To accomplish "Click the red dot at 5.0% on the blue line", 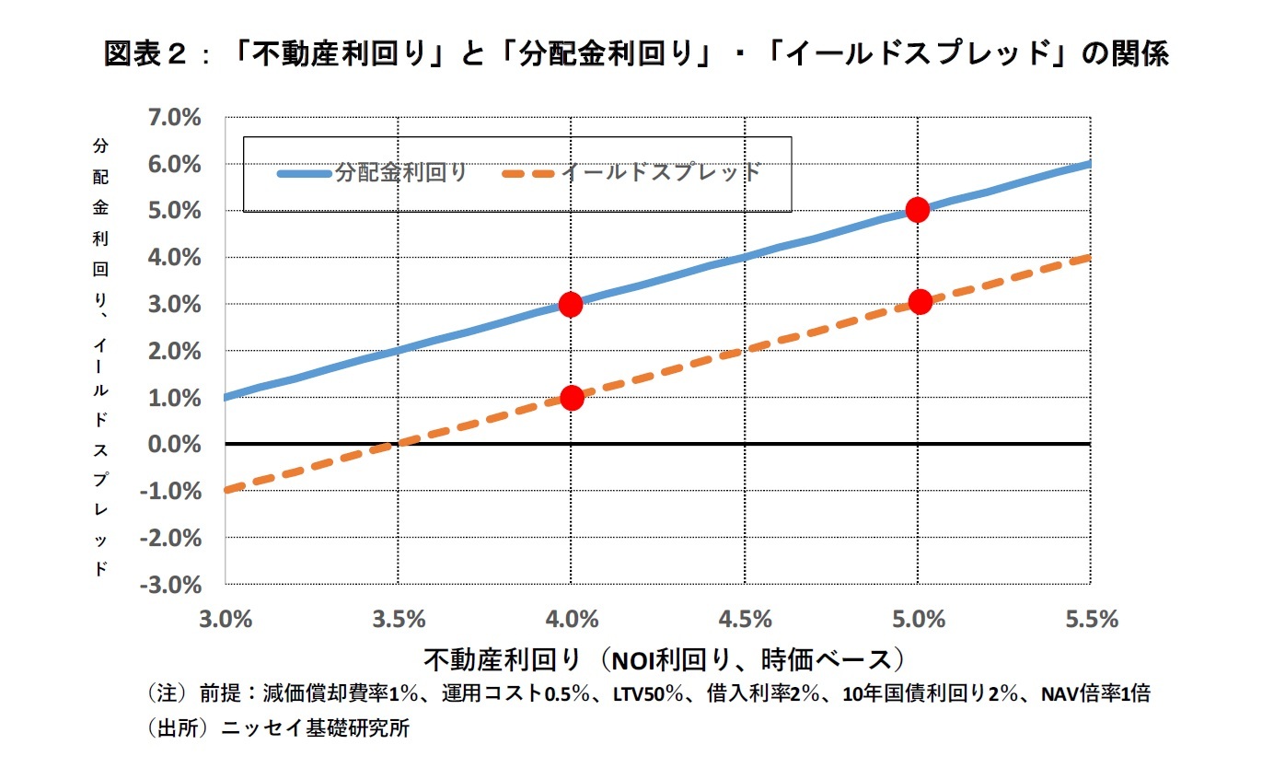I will click(917, 209).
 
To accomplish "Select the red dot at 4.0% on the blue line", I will click(571, 304).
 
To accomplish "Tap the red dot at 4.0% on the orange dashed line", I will click(572, 398).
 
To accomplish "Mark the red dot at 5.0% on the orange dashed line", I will click(920, 302).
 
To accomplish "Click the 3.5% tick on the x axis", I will click(399, 619).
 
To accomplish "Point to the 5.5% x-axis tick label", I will click(1091, 619).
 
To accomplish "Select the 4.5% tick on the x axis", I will click(745, 619).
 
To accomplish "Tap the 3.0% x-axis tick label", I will click(226, 619).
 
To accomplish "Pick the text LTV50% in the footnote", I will click(647, 694).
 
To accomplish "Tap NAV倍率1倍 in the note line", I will click(1094, 694).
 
